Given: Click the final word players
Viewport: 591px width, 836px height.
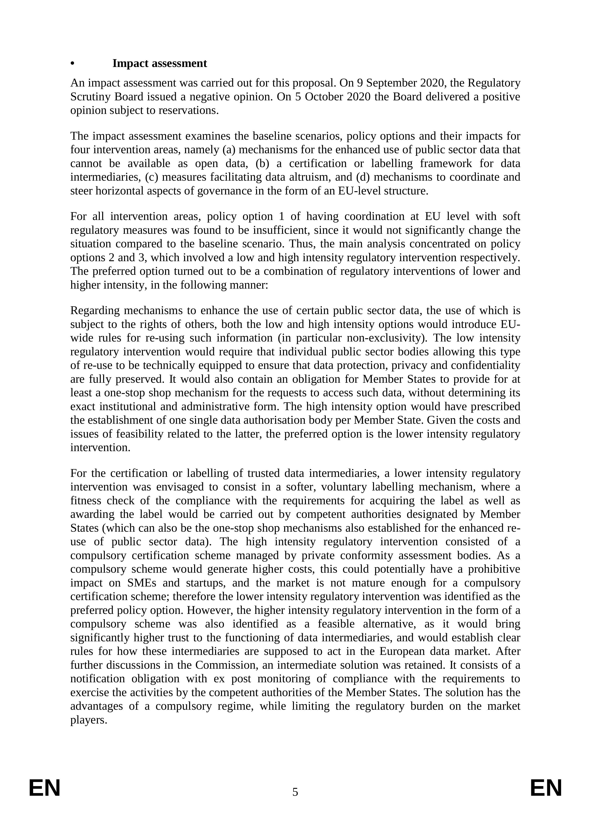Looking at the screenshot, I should click(x=88, y=720).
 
